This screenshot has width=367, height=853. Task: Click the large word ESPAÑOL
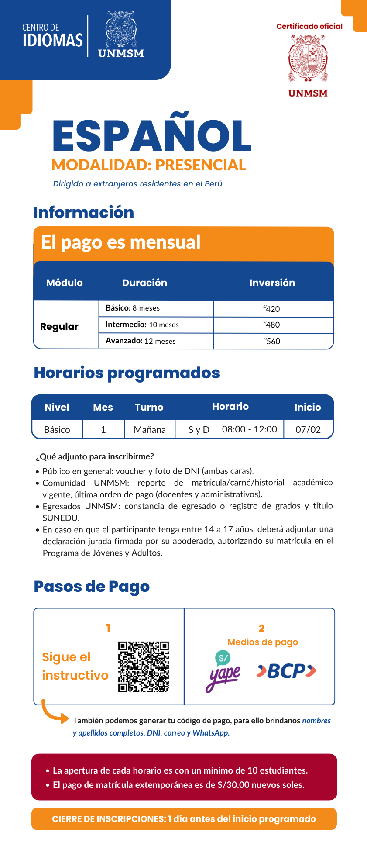click(151, 136)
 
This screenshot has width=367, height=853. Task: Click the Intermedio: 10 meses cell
click(142, 325)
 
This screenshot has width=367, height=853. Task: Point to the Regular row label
click(59, 326)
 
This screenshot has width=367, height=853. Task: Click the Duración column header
click(144, 283)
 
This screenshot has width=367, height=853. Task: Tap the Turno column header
click(149, 407)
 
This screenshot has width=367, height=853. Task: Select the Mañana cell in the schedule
click(150, 429)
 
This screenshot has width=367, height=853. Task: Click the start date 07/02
click(308, 429)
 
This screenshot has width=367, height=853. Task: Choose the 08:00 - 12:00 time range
click(250, 429)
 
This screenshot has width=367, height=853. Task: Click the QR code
click(144, 667)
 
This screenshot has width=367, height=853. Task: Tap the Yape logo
click(223, 671)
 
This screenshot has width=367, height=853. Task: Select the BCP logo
click(286, 671)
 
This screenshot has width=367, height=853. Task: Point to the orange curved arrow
click(54, 712)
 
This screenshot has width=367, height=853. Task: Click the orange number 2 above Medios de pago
click(262, 628)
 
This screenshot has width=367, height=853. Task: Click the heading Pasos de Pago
click(92, 586)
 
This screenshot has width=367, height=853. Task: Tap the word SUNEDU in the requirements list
click(61, 518)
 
